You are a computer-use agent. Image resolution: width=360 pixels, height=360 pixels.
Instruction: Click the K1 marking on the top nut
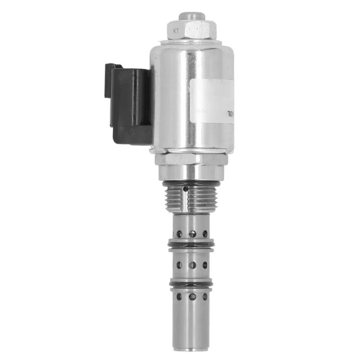pyautogui.click(x=176, y=31)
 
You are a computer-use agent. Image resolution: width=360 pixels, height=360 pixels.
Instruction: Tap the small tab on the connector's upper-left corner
pyautogui.click(x=109, y=67)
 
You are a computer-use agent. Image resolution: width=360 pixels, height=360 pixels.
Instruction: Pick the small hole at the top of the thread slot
pyautogui.click(x=185, y=189)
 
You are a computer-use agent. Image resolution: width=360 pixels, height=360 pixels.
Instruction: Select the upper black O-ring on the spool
pyautogui.click(x=191, y=244)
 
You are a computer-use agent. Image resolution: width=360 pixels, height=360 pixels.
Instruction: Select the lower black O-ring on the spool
pyautogui.click(x=191, y=283)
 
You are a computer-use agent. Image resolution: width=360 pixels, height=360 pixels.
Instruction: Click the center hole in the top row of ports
pyautogui.click(x=192, y=234)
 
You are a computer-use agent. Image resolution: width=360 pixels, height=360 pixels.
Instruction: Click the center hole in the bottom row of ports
pyautogui.click(x=192, y=297)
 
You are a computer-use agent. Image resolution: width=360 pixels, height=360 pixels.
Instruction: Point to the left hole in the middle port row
pyautogui.click(x=179, y=265)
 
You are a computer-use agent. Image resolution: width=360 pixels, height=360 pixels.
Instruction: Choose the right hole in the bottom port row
pyautogui.click(x=205, y=297)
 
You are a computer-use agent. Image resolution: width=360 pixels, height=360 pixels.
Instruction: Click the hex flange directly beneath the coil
pyautogui.click(x=191, y=159)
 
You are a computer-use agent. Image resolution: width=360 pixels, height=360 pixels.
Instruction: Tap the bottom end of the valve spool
pyautogui.click(x=191, y=347)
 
